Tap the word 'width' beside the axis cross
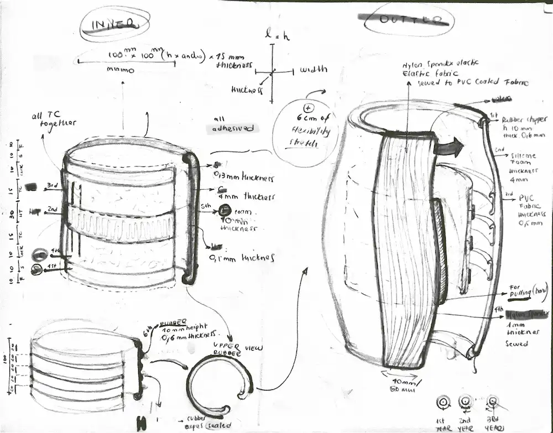point(313,70)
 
